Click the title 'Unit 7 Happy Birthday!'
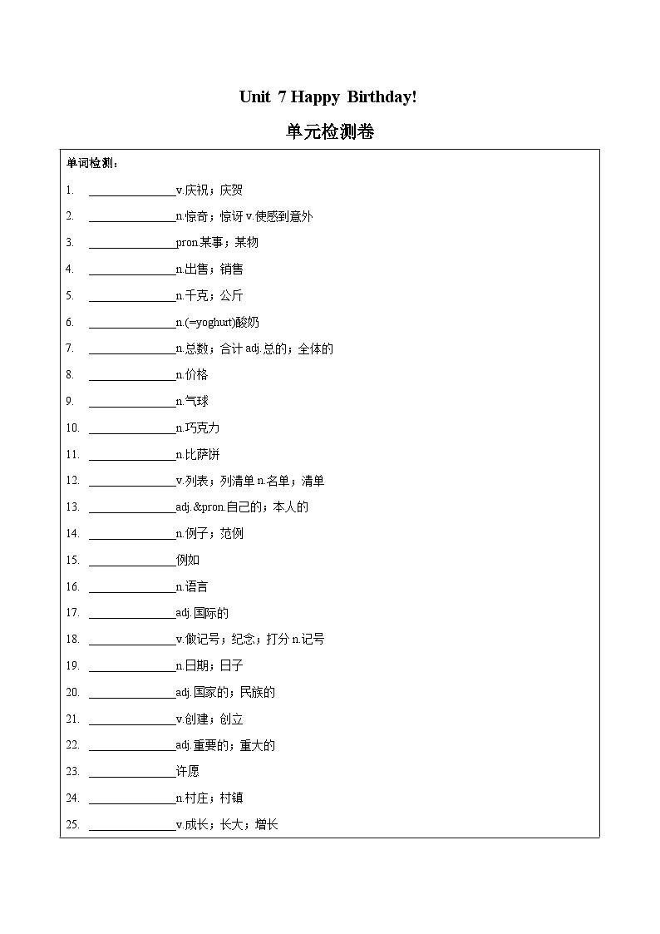point(328,97)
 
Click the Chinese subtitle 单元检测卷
point(329,131)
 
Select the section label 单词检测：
point(92,163)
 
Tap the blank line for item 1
point(132,190)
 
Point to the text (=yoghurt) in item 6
point(209,323)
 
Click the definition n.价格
point(192,375)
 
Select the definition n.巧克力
point(198,428)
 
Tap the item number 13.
point(72,507)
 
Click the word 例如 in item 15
point(188,561)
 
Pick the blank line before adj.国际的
point(132,614)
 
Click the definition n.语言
point(192,587)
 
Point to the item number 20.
point(72,693)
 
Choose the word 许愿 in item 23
point(188,772)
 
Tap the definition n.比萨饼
point(198,455)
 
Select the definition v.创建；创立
point(209,719)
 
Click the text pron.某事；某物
point(218,243)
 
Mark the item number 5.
point(70,296)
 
